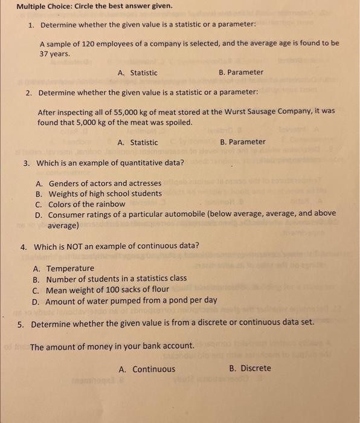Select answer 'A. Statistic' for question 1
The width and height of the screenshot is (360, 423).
point(138,73)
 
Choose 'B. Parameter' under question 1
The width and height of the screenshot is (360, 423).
point(241,73)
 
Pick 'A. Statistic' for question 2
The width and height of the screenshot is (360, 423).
point(138,143)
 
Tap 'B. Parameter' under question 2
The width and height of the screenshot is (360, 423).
point(243,142)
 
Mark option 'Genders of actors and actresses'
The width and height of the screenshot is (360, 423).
point(104,183)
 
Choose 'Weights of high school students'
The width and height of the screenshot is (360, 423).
point(104,193)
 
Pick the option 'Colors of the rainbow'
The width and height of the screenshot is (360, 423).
point(86,204)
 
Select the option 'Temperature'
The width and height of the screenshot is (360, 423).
point(70,268)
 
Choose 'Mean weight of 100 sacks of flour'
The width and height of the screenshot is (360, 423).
point(108,289)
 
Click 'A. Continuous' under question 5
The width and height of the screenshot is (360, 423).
point(147,369)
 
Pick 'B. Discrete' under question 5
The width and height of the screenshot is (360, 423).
point(250,369)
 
